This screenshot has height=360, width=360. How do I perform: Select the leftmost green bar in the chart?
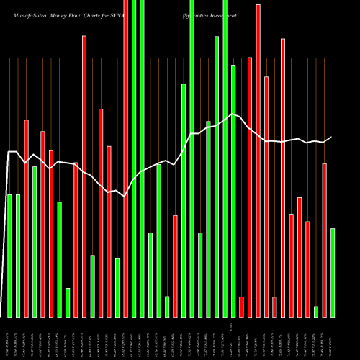[9, 256]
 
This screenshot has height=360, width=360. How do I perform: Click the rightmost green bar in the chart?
[333, 272]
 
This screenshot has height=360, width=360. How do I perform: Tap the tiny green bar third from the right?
[316, 311]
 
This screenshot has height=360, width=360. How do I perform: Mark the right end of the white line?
[332, 137]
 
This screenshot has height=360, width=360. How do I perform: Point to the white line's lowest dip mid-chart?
[125, 196]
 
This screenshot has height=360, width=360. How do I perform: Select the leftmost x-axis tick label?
[9, 338]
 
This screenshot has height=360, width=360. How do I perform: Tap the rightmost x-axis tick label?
[333, 338]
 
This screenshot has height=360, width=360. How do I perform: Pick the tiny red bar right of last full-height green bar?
[241, 307]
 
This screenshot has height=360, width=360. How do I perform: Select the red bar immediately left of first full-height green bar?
[125, 158]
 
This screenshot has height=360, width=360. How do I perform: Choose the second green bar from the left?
[18, 256]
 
